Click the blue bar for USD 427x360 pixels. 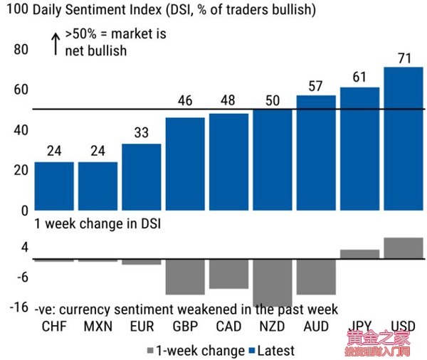click(404, 139)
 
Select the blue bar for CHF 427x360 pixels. click(54, 186)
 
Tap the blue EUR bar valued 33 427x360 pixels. click(141, 177)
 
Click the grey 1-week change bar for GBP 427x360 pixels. click(185, 277)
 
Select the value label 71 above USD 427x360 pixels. click(404, 58)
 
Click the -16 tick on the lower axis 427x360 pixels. click(18, 307)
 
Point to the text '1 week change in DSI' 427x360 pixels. click(97, 224)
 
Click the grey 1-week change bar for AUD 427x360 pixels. click(316, 277)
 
